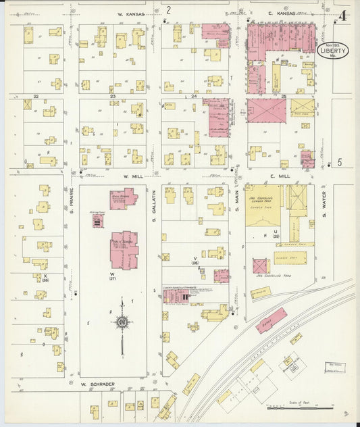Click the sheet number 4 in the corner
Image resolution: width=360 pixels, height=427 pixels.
(x=344, y=16)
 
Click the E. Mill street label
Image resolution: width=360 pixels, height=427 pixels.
(x=280, y=175)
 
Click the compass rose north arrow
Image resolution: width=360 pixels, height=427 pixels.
(x=122, y=323)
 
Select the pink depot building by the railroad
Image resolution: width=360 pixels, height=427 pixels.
(x=270, y=321)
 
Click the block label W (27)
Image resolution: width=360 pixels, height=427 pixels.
(x=113, y=276)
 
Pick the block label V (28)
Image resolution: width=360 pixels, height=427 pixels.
(x=195, y=261)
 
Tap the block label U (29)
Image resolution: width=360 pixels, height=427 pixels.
(x=276, y=233)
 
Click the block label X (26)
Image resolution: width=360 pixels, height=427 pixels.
(x=45, y=278)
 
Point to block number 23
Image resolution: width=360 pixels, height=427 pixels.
(x=113, y=97)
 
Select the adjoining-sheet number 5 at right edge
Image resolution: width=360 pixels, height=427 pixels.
(x=340, y=162)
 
